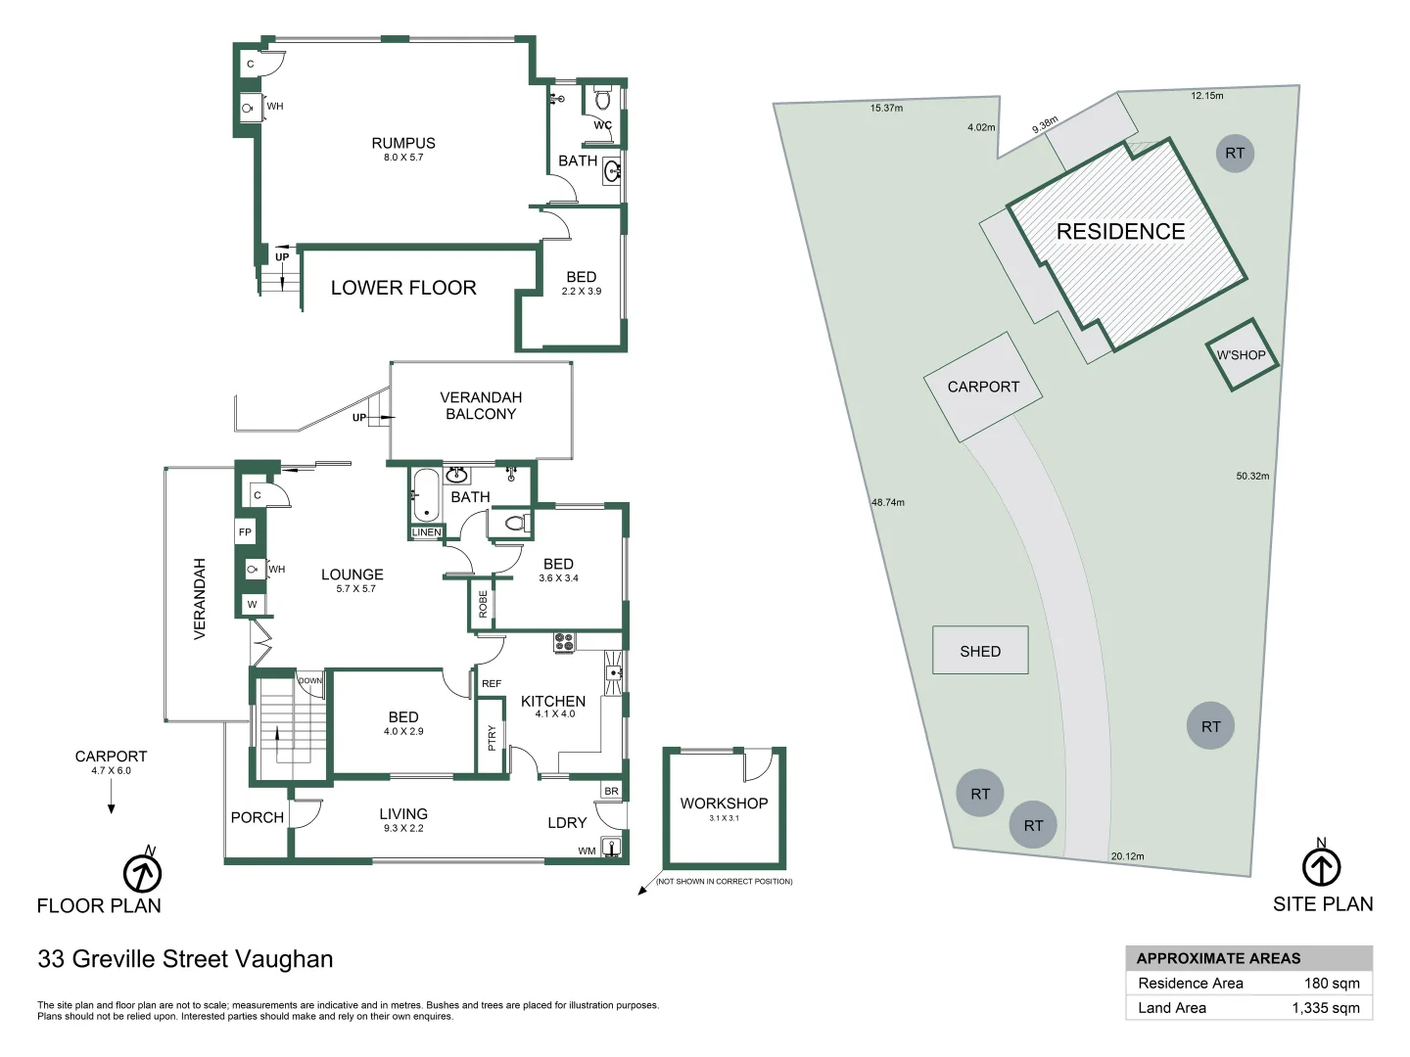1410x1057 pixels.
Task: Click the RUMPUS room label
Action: pos(403,144)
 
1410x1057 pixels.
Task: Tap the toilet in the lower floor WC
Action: pos(603,100)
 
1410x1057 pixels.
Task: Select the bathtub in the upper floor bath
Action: pos(425,495)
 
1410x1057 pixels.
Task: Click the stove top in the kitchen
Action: pos(564,642)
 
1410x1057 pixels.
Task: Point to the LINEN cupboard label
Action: pos(426,532)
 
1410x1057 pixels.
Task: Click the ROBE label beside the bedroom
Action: pos(482,603)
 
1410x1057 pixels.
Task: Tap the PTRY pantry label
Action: pos(492,736)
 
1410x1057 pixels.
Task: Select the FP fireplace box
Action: pos(245,532)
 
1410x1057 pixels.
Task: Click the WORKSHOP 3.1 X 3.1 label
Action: pos(724,808)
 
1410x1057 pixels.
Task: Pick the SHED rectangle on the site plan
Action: pos(980,651)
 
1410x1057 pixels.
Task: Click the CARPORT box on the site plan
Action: pos(983,387)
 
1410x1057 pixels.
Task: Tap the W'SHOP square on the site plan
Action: pos(1241,355)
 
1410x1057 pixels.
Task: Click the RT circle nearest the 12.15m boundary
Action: pos(1235,153)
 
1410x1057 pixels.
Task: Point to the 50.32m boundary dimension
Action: pos(1252,477)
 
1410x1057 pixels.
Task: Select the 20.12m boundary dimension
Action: pos(1127,856)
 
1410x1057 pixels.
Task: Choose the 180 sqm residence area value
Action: pos(1331,984)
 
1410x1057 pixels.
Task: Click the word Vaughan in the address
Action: pos(289,959)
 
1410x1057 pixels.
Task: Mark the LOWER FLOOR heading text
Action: pos(403,288)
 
